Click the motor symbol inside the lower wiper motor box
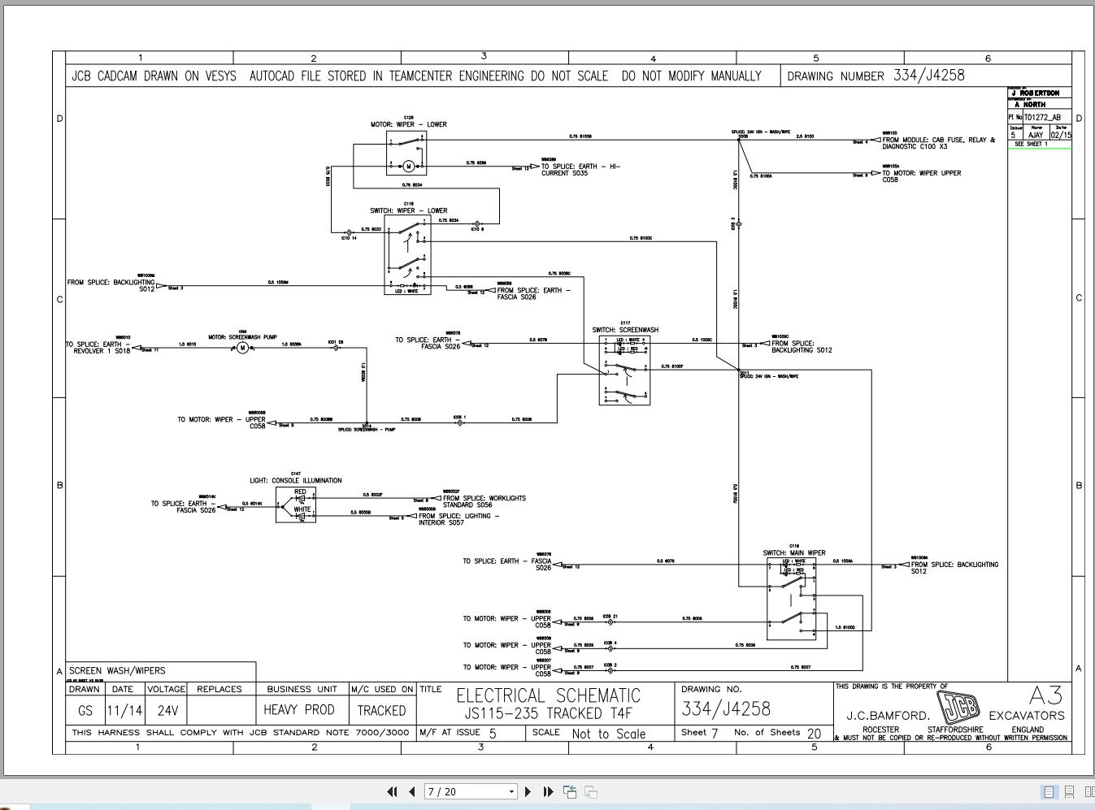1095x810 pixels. [x=409, y=167]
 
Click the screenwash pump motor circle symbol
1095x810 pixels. [x=242, y=348]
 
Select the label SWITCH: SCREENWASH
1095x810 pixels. [x=625, y=330]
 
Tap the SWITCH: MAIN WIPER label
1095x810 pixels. [x=793, y=553]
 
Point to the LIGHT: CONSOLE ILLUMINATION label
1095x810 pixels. [x=296, y=480]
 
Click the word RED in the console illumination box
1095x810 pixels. [x=300, y=492]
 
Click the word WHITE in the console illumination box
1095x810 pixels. [x=302, y=509]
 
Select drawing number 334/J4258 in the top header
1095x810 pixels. [x=928, y=76]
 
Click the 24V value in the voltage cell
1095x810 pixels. [x=167, y=710]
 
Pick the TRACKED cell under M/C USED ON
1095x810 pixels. [x=381, y=710]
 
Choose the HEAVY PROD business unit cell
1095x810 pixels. [x=299, y=710]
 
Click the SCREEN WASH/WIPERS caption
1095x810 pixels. [x=117, y=671]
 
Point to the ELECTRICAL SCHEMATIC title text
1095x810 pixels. [x=548, y=696]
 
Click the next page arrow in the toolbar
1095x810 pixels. [x=528, y=791]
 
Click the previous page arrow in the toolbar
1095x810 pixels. [x=412, y=791]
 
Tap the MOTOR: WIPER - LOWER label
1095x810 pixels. [x=409, y=124]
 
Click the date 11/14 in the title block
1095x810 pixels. [x=124, y=710]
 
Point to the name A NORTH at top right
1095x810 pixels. [x=1030, y=105]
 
